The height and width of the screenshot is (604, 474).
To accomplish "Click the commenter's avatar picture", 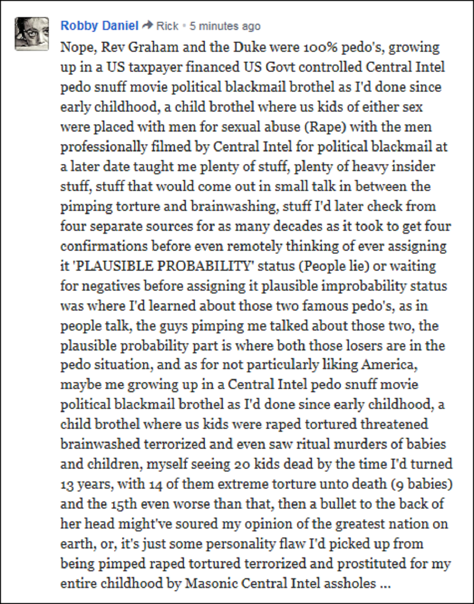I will coord(32,34).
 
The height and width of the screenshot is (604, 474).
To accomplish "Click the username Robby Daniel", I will coord(99,26).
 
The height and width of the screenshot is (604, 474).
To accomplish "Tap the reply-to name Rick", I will coord(167,26).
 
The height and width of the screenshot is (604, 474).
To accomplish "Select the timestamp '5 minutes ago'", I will coord(225,26).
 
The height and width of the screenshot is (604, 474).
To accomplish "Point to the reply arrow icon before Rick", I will coord(147,26).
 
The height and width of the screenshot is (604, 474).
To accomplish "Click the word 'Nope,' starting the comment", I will coord(76,47).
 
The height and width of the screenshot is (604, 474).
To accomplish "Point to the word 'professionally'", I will coord(95,147).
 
